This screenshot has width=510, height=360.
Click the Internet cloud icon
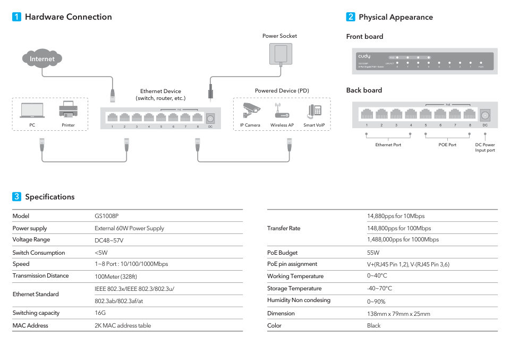click(x=42, y=58)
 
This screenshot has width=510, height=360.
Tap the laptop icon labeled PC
click(x=32, y=110)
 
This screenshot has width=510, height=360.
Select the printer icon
click(x=68, y=110)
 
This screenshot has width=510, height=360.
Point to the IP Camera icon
click(x=252, y=110)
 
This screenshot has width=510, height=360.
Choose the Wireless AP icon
click(x=282, y=112)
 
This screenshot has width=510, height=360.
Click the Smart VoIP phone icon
click(x=314, y=111)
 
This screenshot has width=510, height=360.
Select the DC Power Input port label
click(x=484, y=147)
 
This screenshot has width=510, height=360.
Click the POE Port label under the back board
click(x=447, y=145)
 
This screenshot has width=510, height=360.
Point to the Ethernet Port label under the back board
click(x=388, y=145)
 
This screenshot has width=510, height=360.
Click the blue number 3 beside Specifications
click(x=16, y=197)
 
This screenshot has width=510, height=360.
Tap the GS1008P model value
click(x=107, y=216)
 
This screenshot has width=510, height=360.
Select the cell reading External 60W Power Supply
click(x=129, y=228)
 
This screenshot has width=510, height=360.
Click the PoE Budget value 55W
click(x=373, y=253)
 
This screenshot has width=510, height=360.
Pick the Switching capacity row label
click(x=36, y=313)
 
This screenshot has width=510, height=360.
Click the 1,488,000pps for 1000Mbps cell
click(x=403, y=239)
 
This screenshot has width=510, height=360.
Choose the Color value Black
click(x=374, y=325)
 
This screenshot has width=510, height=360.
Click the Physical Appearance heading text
click(x=396, y=17)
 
